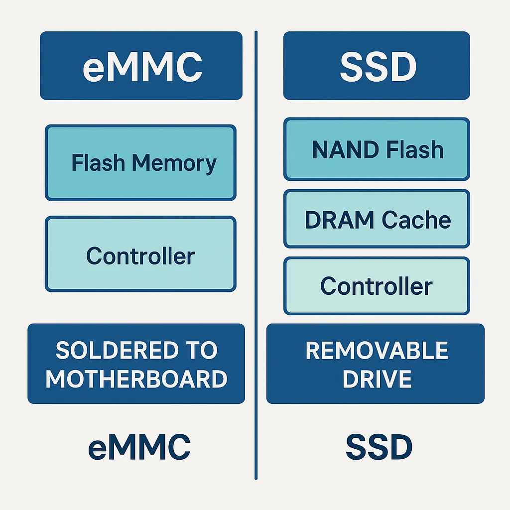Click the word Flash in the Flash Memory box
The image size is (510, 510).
pos(98,163)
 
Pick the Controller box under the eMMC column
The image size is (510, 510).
pos(140,254)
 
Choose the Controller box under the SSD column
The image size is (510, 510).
pos(377,286)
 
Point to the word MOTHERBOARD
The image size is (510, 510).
pos(136,379)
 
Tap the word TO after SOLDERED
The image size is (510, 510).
pos(202,351)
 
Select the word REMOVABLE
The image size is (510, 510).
pos(377,351)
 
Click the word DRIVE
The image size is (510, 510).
pos(377,379)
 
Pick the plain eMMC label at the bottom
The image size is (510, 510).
pos(139,447)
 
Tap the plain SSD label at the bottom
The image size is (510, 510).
pos(379,447)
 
